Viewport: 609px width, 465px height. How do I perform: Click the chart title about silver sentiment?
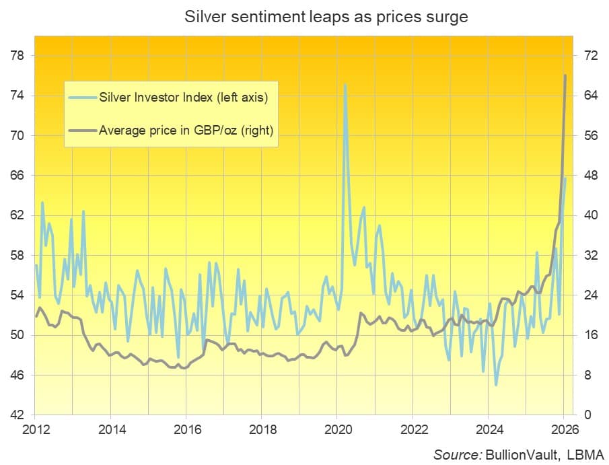pos(326,17)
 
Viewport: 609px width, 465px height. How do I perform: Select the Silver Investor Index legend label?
pos(184,98)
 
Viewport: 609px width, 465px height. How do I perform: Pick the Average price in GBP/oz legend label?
pos(186,130)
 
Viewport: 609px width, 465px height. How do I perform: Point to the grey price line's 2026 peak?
pos(565,75)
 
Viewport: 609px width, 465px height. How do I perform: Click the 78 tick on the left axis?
pos(17,55)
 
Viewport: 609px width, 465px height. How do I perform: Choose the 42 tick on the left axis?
pos(17,415)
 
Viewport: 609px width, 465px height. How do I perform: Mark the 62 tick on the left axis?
pos(17,215)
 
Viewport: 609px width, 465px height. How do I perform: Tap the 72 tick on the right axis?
pos(588,55)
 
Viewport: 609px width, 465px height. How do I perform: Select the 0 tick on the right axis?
pos(585,415)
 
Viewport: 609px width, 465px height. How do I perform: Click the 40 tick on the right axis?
pos(588,215)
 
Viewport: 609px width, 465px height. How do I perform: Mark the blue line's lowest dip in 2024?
pos(496,385)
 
